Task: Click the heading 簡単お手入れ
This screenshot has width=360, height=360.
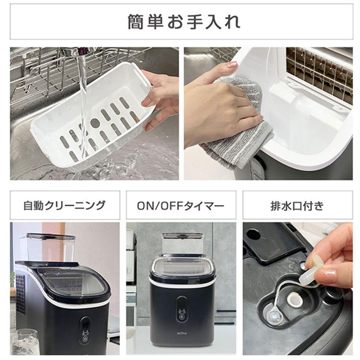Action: pos(182,22)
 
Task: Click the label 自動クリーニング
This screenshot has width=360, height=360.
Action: pos(64,205)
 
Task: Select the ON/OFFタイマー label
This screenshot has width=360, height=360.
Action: pos(181,205)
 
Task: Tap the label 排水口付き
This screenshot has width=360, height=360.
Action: pos(297,205)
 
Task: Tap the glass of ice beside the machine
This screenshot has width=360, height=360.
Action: pos(25,342)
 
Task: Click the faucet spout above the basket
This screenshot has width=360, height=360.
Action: pos(80,51)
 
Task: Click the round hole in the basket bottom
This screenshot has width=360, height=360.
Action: pos(95,123)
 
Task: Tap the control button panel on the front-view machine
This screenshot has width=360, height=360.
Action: pos(182,308)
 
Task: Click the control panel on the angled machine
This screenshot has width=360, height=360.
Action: pos(85,330)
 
